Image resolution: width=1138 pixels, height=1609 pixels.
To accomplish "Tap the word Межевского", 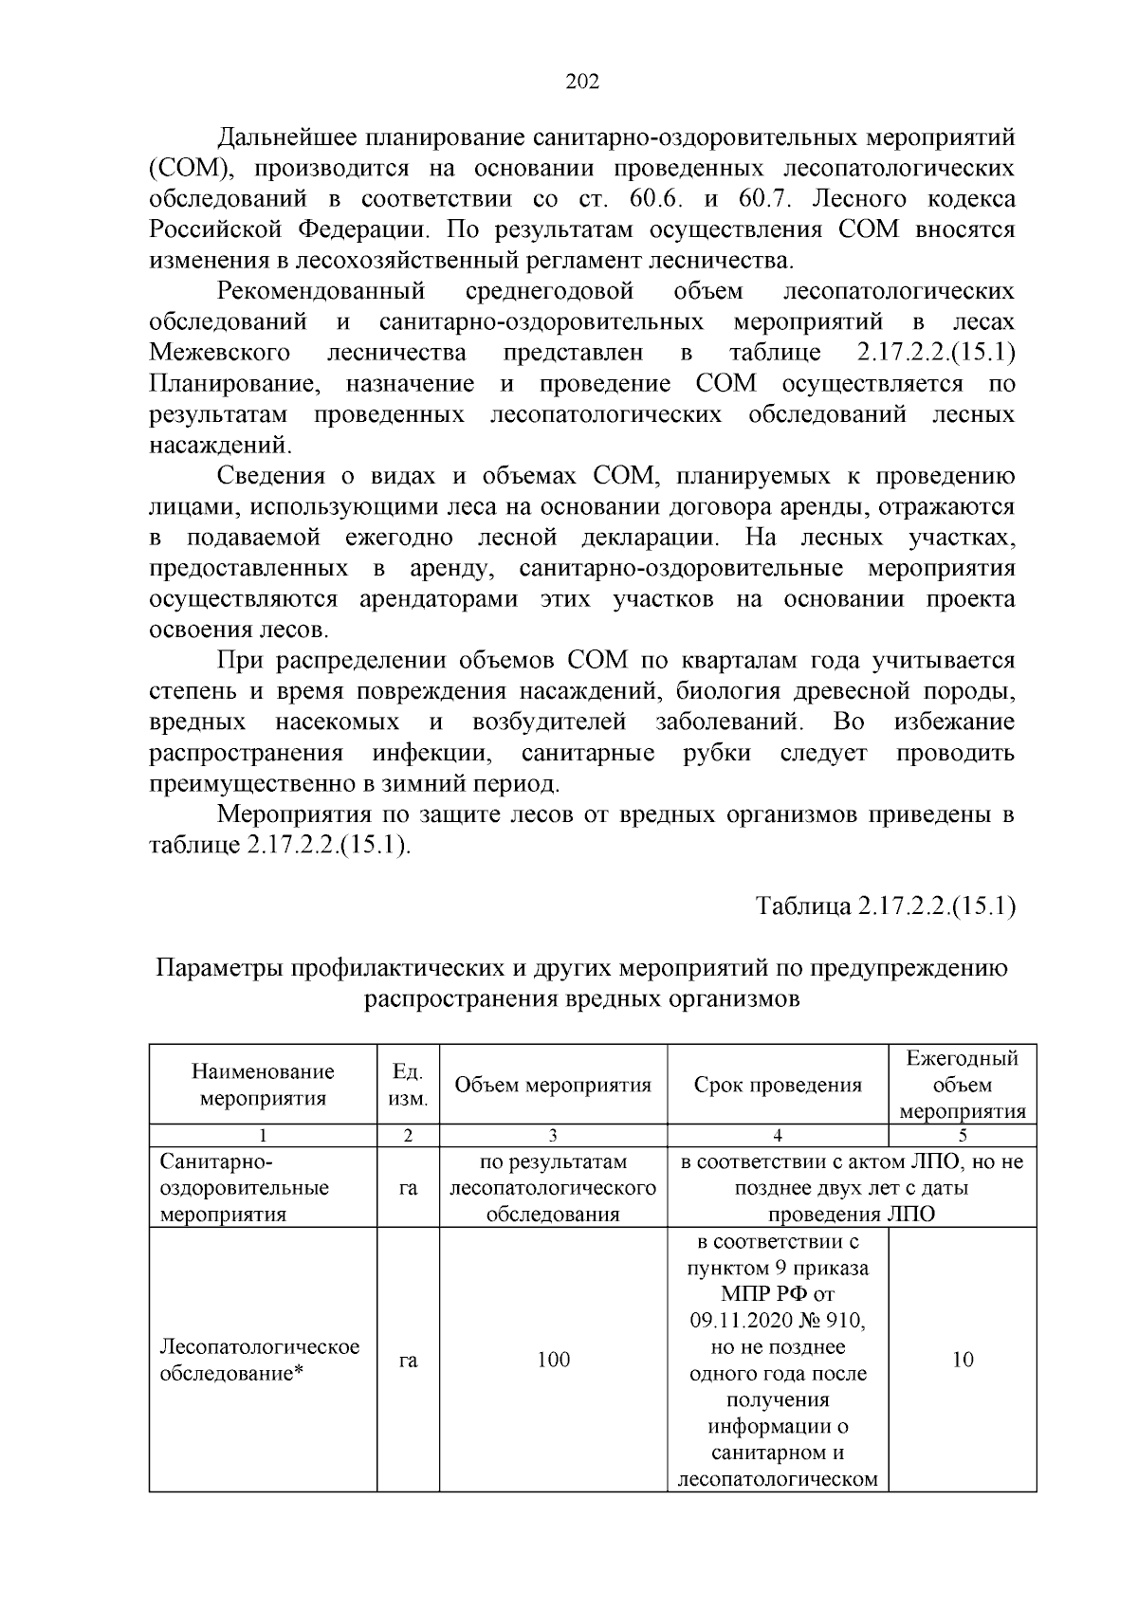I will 220,354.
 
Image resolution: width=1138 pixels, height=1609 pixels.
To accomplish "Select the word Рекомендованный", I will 321,291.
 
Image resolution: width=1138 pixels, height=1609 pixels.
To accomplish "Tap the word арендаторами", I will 439,600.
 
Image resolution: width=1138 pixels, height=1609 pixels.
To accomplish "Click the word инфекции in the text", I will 431,754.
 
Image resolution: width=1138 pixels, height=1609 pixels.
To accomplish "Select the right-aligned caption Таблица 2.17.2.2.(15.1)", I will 886,906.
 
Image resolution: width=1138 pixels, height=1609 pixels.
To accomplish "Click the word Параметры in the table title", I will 220,969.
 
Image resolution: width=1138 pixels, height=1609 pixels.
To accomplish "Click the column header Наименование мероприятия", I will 263,1086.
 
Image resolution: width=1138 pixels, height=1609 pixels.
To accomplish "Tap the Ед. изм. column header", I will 408,1086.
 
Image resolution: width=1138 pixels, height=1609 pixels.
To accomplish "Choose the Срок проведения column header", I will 778,1086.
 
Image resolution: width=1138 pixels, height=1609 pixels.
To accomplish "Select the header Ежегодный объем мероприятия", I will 962,1086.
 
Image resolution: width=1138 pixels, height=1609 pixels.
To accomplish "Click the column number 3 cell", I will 553,1136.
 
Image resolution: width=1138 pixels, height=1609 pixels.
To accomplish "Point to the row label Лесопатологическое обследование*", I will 260,1361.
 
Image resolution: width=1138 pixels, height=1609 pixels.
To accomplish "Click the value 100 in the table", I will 553,1361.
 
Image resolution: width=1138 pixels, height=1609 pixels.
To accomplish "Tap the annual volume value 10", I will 962,1361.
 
